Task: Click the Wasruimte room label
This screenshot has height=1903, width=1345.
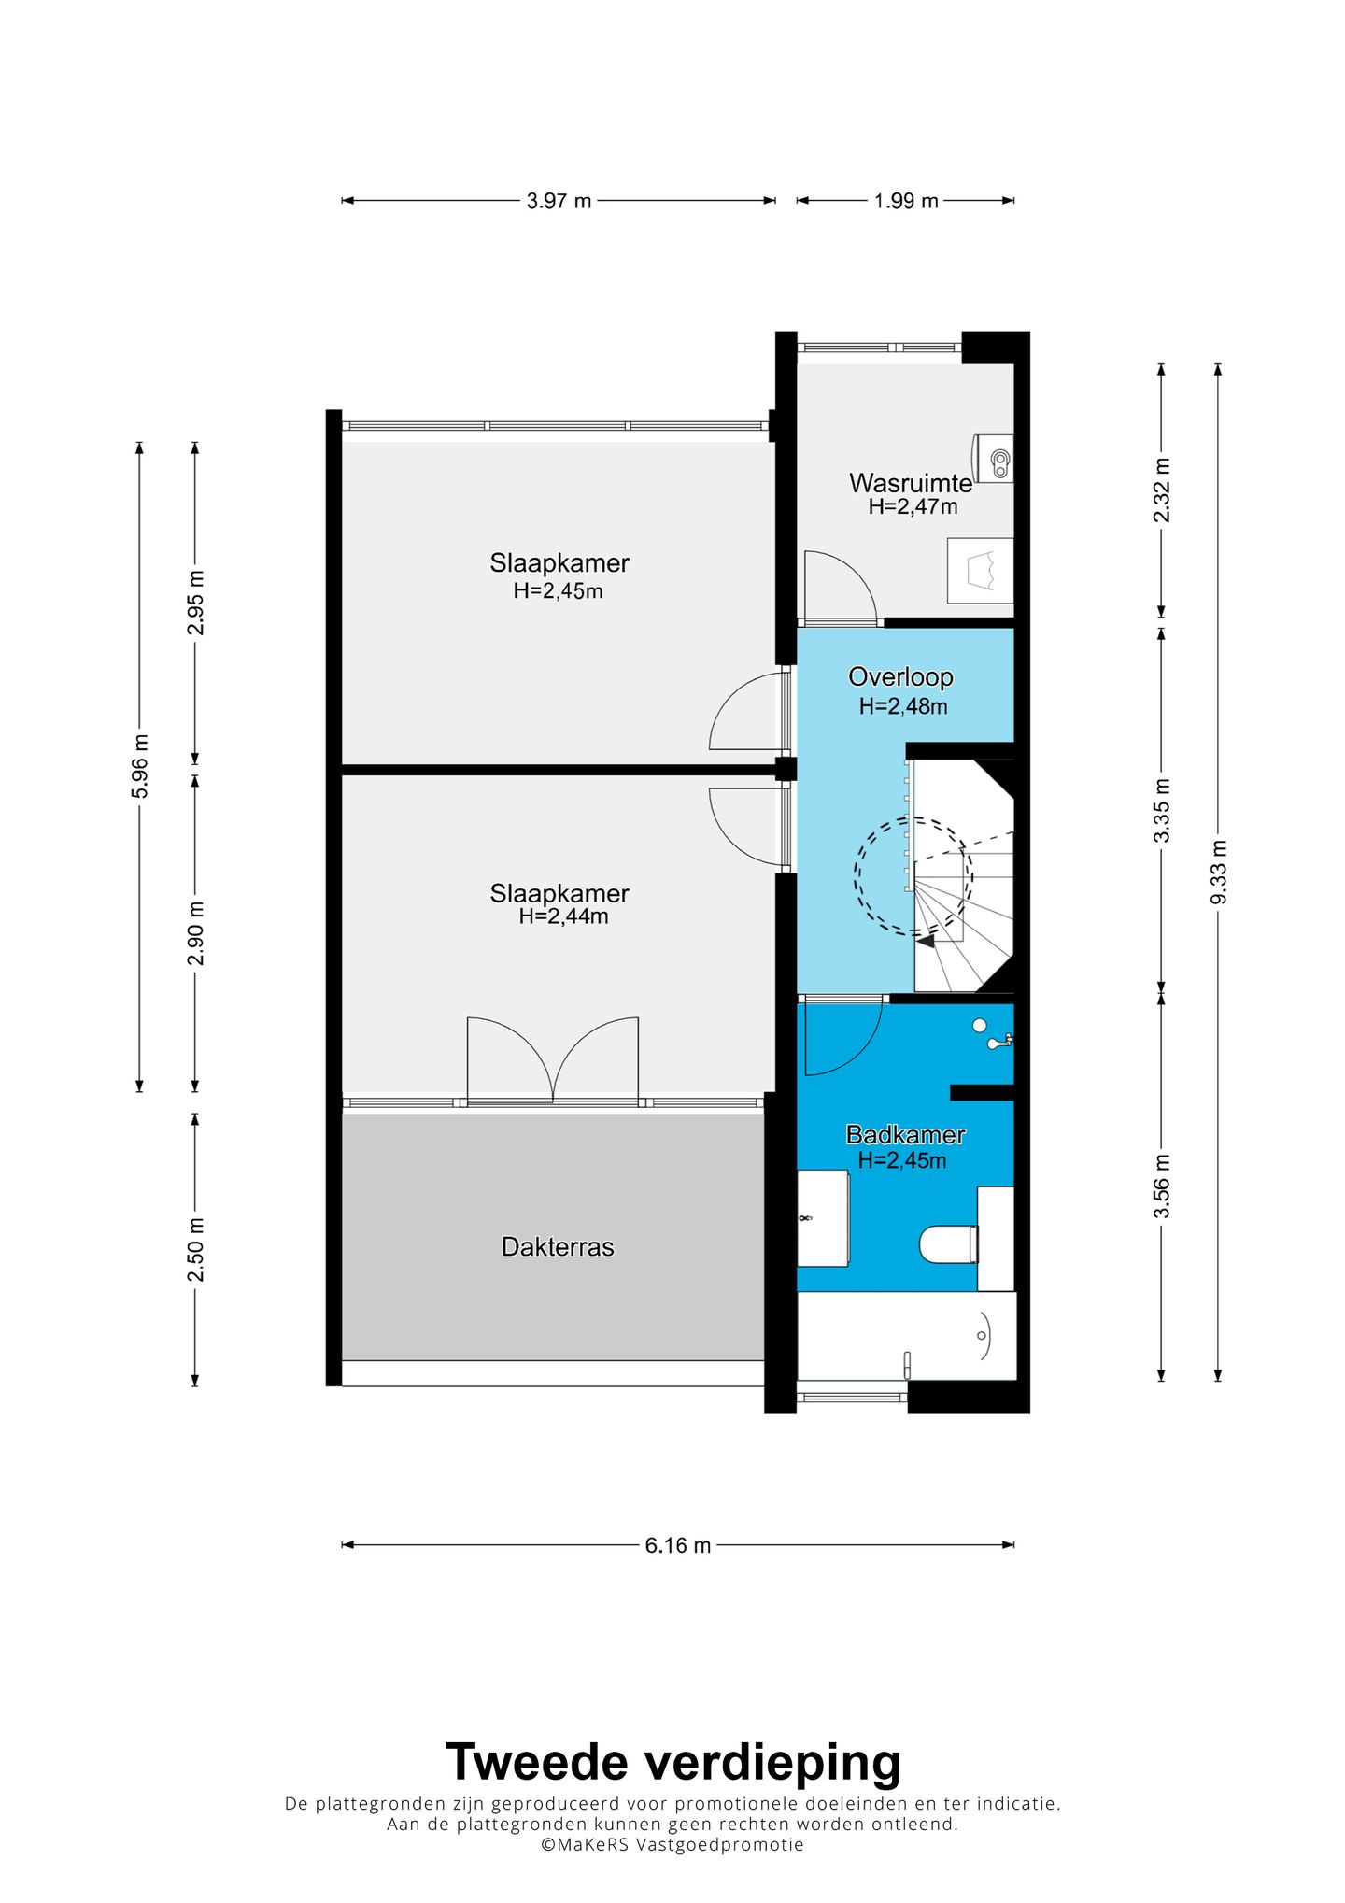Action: [x=911, y=483]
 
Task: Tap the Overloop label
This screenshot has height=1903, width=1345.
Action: [x=900, y=676]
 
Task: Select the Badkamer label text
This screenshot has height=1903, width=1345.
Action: [x=905, y=1134]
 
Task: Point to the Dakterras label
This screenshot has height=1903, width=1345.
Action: [x=558, y=1246]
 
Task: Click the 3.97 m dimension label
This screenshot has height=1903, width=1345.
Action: [x=559, y=201]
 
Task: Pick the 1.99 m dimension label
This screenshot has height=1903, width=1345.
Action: [x=906, y=201]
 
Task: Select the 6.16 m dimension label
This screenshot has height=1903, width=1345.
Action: [x=678, y=1545]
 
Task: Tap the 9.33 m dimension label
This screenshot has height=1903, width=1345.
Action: [x=1219, y=872]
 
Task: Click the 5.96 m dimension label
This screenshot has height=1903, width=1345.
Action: [x=140, y=766]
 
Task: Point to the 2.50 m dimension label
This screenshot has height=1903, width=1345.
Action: [x=195, y=1250]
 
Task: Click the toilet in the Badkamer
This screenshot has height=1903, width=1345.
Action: [x=949, y=1244]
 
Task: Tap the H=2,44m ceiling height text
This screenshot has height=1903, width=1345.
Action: [x=563, y=916]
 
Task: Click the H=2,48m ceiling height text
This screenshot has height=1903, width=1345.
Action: [x=903, y=706]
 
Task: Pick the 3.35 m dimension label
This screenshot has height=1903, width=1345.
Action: [x=1162, y=810]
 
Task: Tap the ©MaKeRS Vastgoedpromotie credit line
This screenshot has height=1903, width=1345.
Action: [x=672, y=1844]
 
